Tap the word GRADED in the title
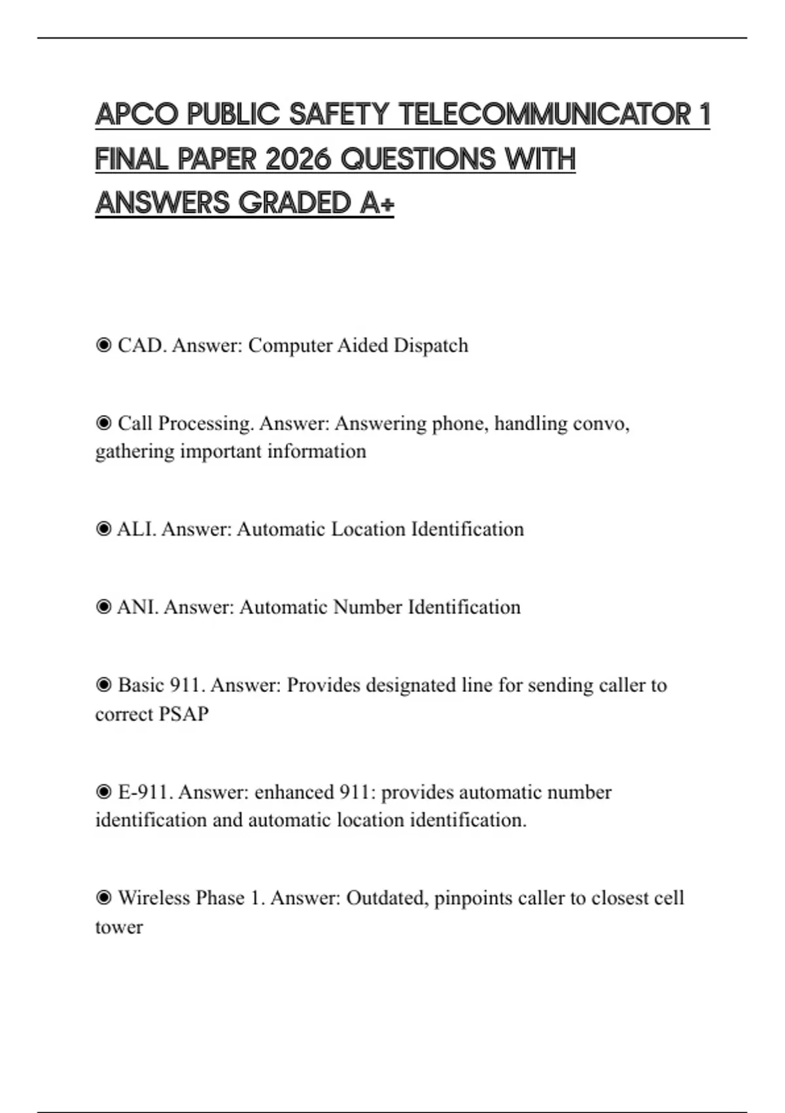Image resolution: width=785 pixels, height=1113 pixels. [x=295, y=203]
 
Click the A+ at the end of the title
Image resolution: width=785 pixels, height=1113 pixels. [x=377, y=203]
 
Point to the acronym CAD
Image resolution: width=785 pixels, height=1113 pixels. [x=142, y=345]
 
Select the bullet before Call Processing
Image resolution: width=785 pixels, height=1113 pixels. [x=103, y=424]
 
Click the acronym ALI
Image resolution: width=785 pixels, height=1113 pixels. [x=136, y=529]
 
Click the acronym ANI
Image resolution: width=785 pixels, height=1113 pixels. [x=137, y=607]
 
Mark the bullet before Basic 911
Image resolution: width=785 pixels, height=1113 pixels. [x=103, y=685]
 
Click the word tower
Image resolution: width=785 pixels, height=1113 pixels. [x=118, y=927]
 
